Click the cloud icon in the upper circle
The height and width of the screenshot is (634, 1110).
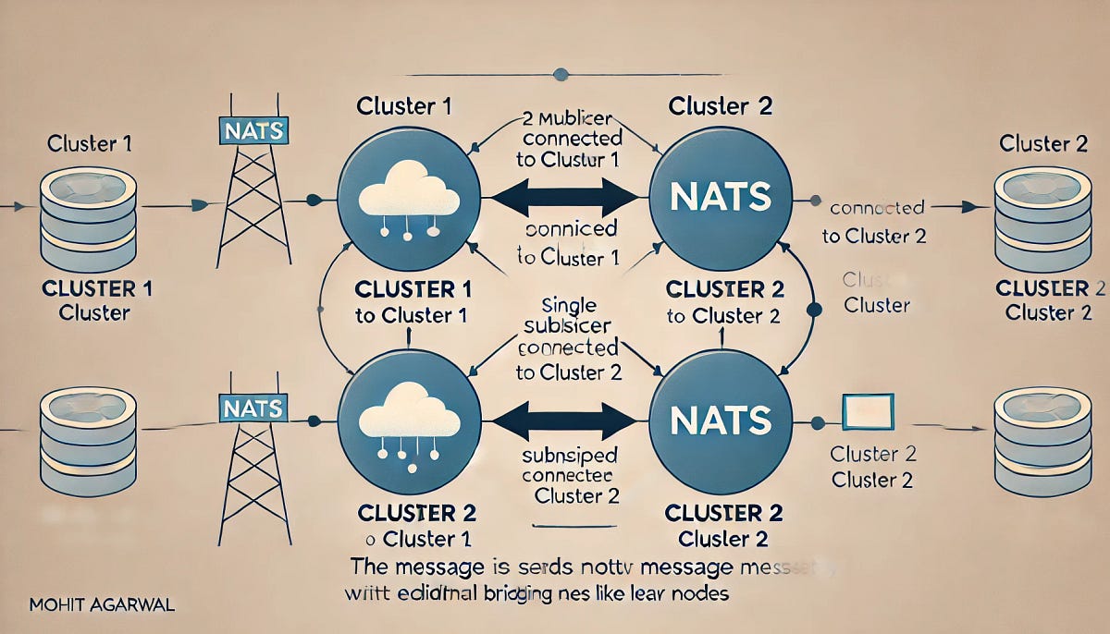(408, 189)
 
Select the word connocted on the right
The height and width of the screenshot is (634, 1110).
(877, 209)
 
